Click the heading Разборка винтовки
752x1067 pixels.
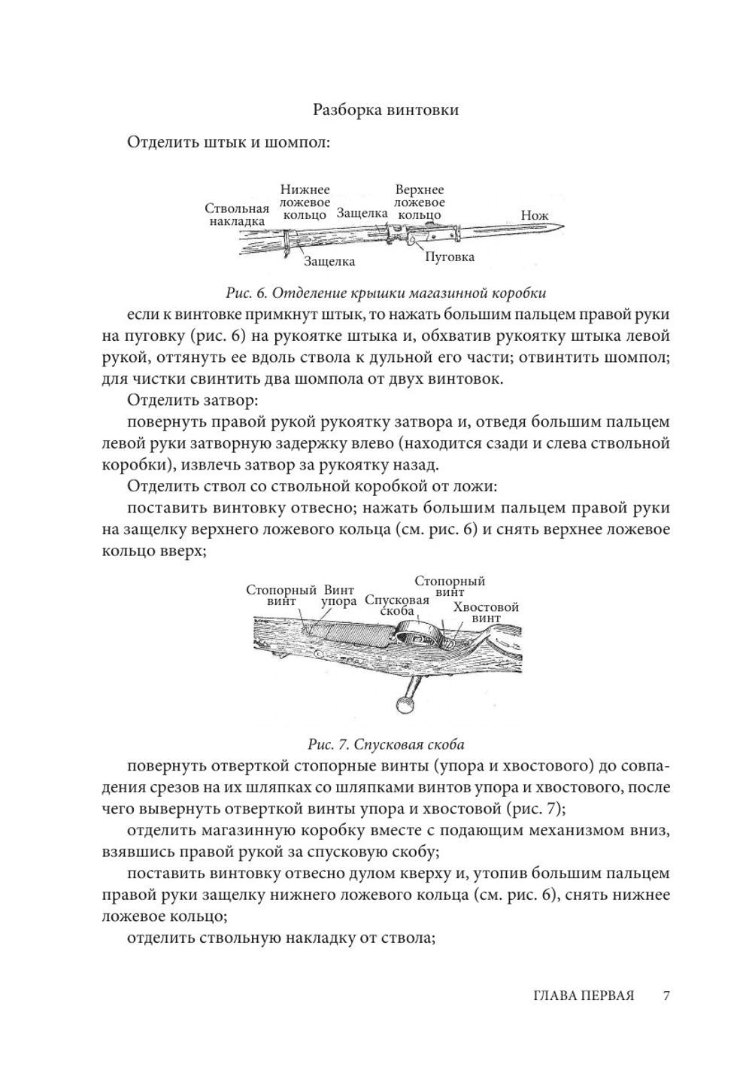[385, 110]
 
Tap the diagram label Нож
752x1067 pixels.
[534, 216]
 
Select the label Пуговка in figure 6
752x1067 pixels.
[450, 257]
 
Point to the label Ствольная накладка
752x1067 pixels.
[237, 214]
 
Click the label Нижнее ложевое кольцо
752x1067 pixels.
[305, 202]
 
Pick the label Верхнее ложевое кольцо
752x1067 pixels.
[420, 202]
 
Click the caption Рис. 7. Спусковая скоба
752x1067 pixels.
[386, 745]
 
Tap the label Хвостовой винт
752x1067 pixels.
[486, 612]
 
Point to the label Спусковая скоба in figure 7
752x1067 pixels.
[396, 605]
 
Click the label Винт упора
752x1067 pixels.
[338, 596]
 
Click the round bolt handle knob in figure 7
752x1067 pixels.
[405, 704]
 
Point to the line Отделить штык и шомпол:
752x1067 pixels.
[229, 142]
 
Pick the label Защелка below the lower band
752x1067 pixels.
[329, 261]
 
